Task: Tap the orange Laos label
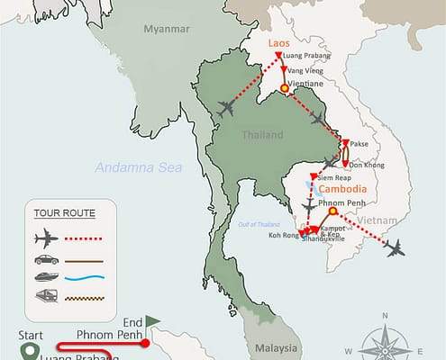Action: (x=278, y=42)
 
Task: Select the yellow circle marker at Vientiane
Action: (x=285, y=88)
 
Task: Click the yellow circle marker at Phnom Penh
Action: (x=332, y=213)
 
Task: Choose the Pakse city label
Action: (x=360, y=142)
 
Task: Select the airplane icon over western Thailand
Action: (x=227, y=109)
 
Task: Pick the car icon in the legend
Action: (x=42, y=261)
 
